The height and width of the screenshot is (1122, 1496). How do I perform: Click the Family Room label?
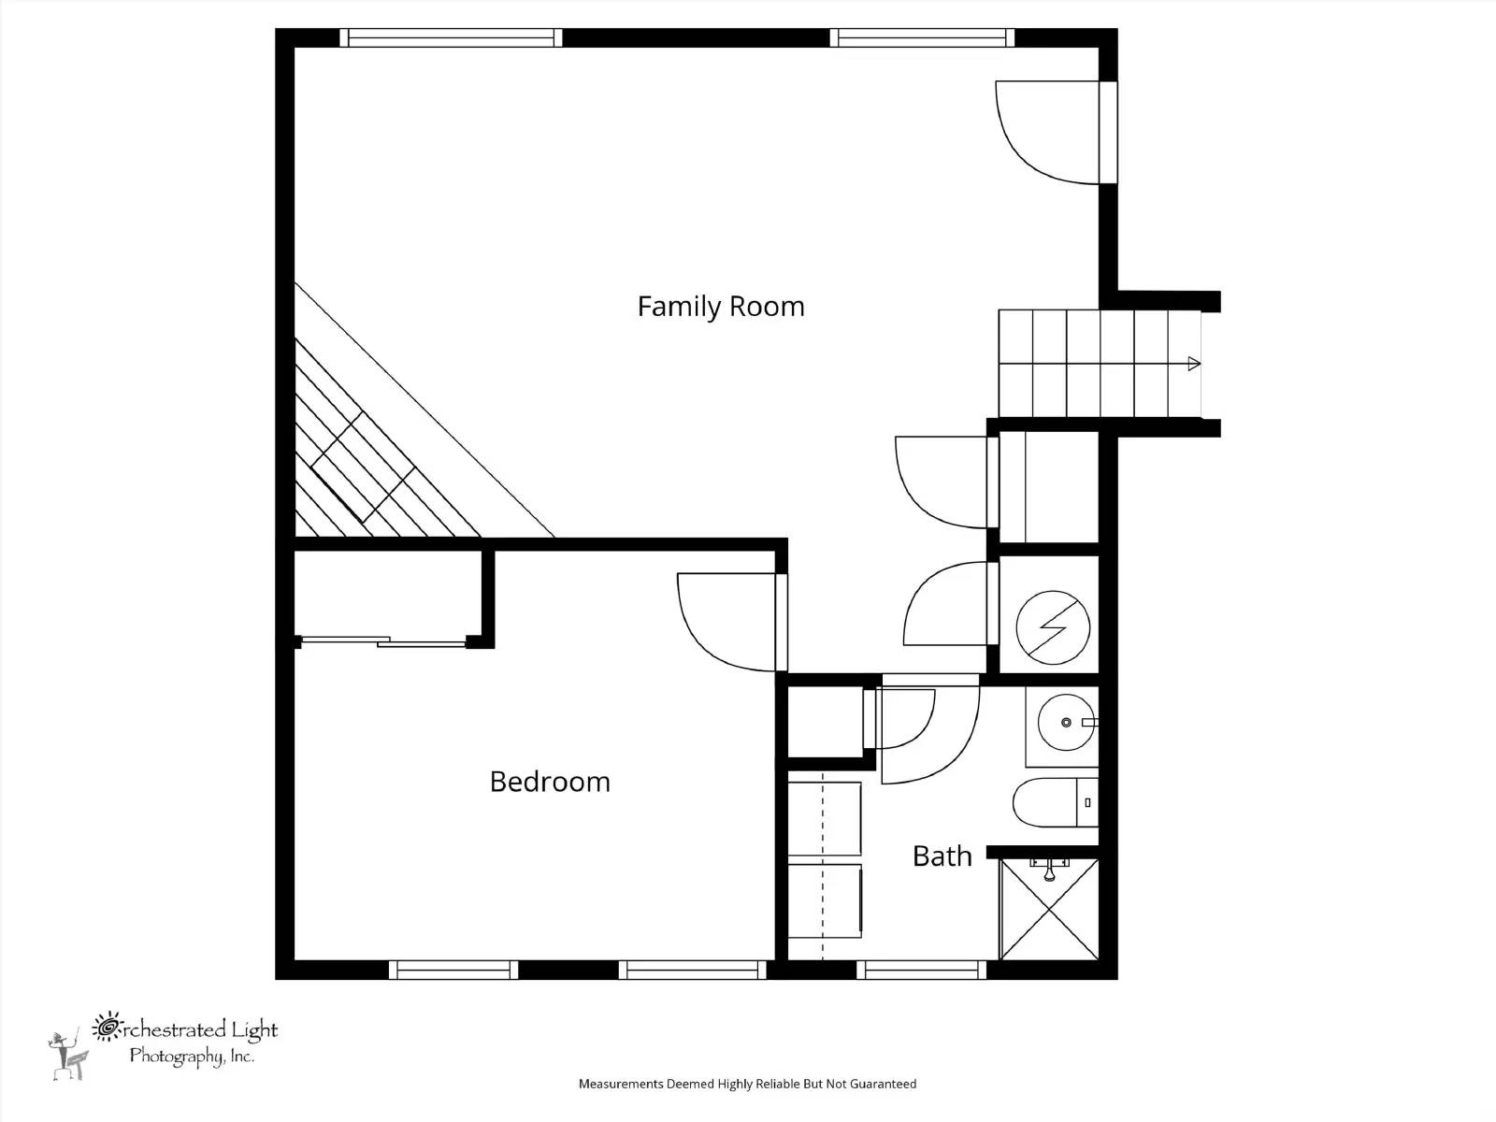pyautogui.click(x=720, y=307)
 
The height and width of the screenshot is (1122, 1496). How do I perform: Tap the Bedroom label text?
pyautogui.click(x=550, y=782)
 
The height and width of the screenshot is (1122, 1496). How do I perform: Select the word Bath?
pyautogui.click(x=942, y=856)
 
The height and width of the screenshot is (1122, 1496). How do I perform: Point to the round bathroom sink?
pyautogui.click(x=1066, y=723)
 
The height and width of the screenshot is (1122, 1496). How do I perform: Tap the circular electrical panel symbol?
pyautogui.click(x=1053, y=627)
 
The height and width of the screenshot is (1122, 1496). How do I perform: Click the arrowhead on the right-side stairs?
pyautogui.click(x=1193, y=364)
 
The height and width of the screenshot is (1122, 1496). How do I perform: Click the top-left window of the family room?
pyautogui.click(x=451, y=38)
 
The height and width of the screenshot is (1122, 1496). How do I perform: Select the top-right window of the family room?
pyautogui.click(x=922, y=38)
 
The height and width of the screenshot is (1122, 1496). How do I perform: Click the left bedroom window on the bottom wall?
pyautogui.click(x=453, y=970)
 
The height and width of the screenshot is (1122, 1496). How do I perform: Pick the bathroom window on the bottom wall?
pyautogui.click(x=922, y=970)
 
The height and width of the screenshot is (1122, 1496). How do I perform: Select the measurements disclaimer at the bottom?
pyautogui.click(x=747, y=1085)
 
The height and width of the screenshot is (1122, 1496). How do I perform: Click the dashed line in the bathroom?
pyautogui.click(x=822, y=865)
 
